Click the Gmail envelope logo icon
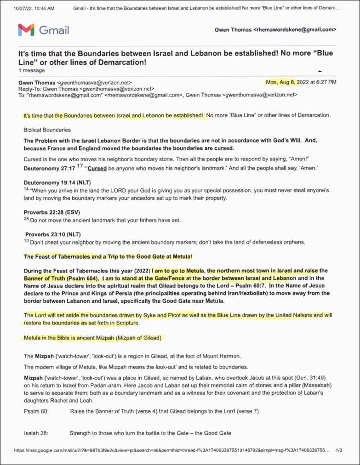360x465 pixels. [x=26, y=30]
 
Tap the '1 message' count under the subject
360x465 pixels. [x=32, y=70]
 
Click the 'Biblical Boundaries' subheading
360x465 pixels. [x=47, y=130]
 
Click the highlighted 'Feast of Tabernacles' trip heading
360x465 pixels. [x=108, y=256]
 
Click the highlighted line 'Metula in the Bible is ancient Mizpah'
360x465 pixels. [x=92, y=338]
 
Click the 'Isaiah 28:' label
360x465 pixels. [x=36, y=433]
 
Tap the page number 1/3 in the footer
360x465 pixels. [x=339, y=451]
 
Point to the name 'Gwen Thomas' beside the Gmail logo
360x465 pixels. [x=233, y=30]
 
